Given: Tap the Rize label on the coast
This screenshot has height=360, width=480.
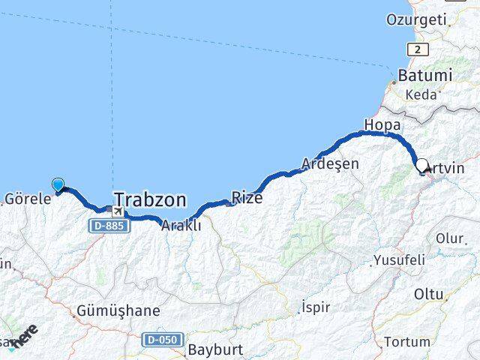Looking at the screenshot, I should point(247,197).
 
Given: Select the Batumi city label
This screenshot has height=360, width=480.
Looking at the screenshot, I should point(425,76).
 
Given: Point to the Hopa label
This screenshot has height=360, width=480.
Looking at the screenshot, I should point(381,124).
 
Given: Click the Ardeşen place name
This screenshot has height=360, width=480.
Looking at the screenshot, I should point(330,163).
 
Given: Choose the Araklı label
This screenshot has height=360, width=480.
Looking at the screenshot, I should point(181,225).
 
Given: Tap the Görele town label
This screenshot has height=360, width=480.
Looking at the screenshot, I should point(27,199).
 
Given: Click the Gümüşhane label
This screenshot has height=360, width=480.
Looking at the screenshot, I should point(118,310).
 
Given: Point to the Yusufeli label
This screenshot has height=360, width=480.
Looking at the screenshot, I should point(398,259).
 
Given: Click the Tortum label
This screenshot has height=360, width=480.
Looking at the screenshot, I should point(406,342).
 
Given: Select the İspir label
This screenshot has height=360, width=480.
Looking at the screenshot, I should point(314,306).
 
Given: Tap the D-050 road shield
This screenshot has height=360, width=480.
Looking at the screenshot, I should point(163,340).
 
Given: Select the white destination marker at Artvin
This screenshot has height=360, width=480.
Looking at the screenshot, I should point(421,166).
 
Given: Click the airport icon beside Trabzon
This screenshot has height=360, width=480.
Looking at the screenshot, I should point(119,212).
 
